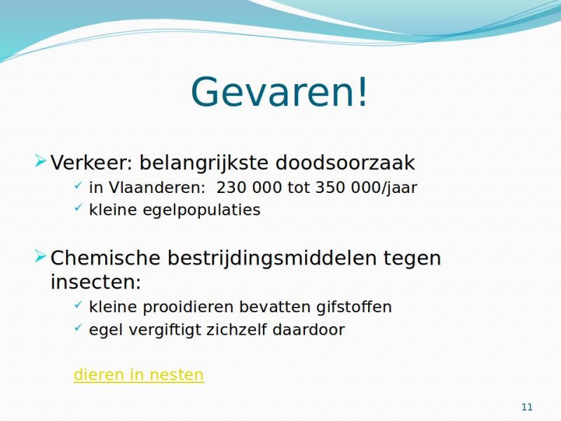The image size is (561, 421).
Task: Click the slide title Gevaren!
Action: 279,91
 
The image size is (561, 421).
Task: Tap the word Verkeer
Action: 92,163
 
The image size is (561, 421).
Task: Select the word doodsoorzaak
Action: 345,163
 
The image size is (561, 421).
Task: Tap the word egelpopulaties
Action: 201,210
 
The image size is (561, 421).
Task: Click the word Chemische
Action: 105,258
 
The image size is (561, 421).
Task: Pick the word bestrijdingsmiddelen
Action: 272,259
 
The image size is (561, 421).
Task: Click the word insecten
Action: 96,282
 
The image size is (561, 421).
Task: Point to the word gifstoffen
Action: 354,307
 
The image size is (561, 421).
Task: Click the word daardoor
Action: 309,330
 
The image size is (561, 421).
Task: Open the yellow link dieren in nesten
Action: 139,375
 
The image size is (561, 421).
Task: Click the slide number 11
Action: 527,407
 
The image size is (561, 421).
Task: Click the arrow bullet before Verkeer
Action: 41,161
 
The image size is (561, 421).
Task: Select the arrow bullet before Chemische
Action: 41,256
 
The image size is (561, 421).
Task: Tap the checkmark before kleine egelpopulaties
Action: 78,208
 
